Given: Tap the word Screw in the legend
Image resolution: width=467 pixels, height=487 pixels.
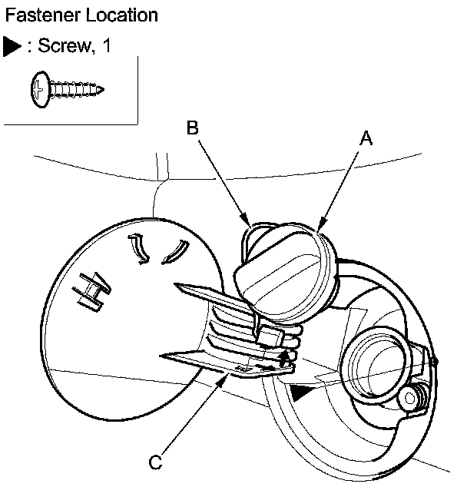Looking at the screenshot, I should click(61, 46).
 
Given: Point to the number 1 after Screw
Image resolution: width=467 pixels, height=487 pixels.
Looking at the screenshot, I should click(106, 46).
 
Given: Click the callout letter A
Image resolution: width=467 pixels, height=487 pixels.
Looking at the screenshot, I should click(366, 138).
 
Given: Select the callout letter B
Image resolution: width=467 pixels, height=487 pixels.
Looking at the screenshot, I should click(193, 129).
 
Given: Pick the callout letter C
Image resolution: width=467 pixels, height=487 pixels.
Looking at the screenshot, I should click(155, 462).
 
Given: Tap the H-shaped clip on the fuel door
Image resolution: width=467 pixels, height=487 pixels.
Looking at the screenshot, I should click(91, 293).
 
